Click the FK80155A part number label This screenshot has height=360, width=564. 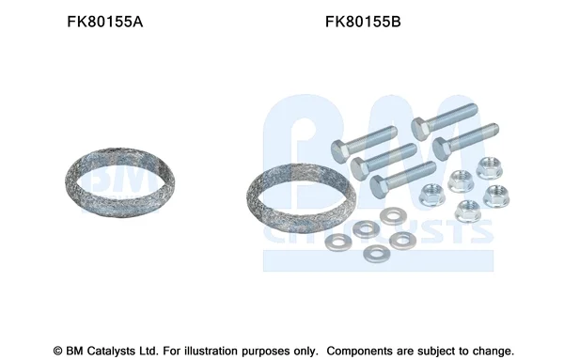[x=105, y=22]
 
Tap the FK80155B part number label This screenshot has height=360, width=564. [x=363, y=22]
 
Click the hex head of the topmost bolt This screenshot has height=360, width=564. [x=420, y=129]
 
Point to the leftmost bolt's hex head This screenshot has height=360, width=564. [x=340, y=151]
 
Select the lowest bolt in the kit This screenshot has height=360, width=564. [x=403, y=179]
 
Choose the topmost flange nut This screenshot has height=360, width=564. [x=489, y=168]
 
